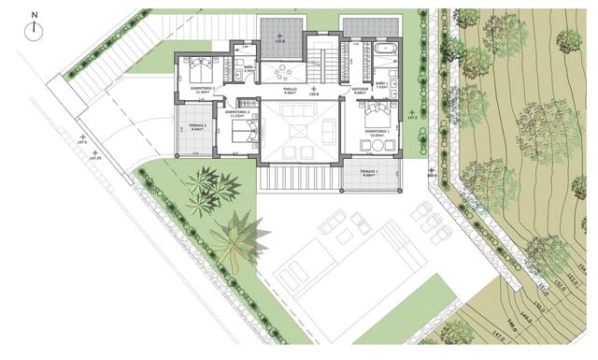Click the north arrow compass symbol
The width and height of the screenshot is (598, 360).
click(x=35, y=29)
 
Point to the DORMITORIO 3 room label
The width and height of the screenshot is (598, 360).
click(x=203, y=89)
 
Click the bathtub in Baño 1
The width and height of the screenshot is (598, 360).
click(x=384, y=48)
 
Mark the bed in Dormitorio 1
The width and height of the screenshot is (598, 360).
click(x=375, y=116)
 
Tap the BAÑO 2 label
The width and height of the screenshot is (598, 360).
click(x=250, y=69)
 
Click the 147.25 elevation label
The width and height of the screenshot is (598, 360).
click(x=94, y=158)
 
